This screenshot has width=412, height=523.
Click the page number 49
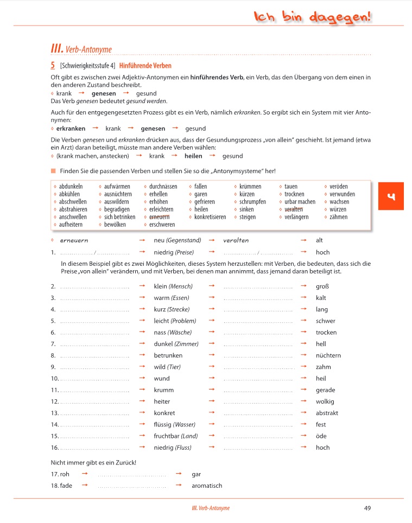367,508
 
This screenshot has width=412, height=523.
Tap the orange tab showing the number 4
391,197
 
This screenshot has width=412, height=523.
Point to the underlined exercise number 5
52,66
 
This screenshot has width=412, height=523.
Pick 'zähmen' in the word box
339,217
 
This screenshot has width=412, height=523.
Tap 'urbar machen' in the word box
300,202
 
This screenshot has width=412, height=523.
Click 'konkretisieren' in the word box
210,217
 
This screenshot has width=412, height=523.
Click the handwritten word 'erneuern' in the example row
74,240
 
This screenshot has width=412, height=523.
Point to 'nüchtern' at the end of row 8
328,355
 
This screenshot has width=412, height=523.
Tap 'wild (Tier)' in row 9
167,367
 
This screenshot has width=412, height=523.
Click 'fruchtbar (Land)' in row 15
176,436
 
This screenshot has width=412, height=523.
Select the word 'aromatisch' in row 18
207,486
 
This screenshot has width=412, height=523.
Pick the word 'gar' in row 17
197,474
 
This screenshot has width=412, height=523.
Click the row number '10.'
54,378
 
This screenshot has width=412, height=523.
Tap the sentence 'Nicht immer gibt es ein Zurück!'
93,462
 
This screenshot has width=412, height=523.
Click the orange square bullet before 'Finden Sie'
53,171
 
